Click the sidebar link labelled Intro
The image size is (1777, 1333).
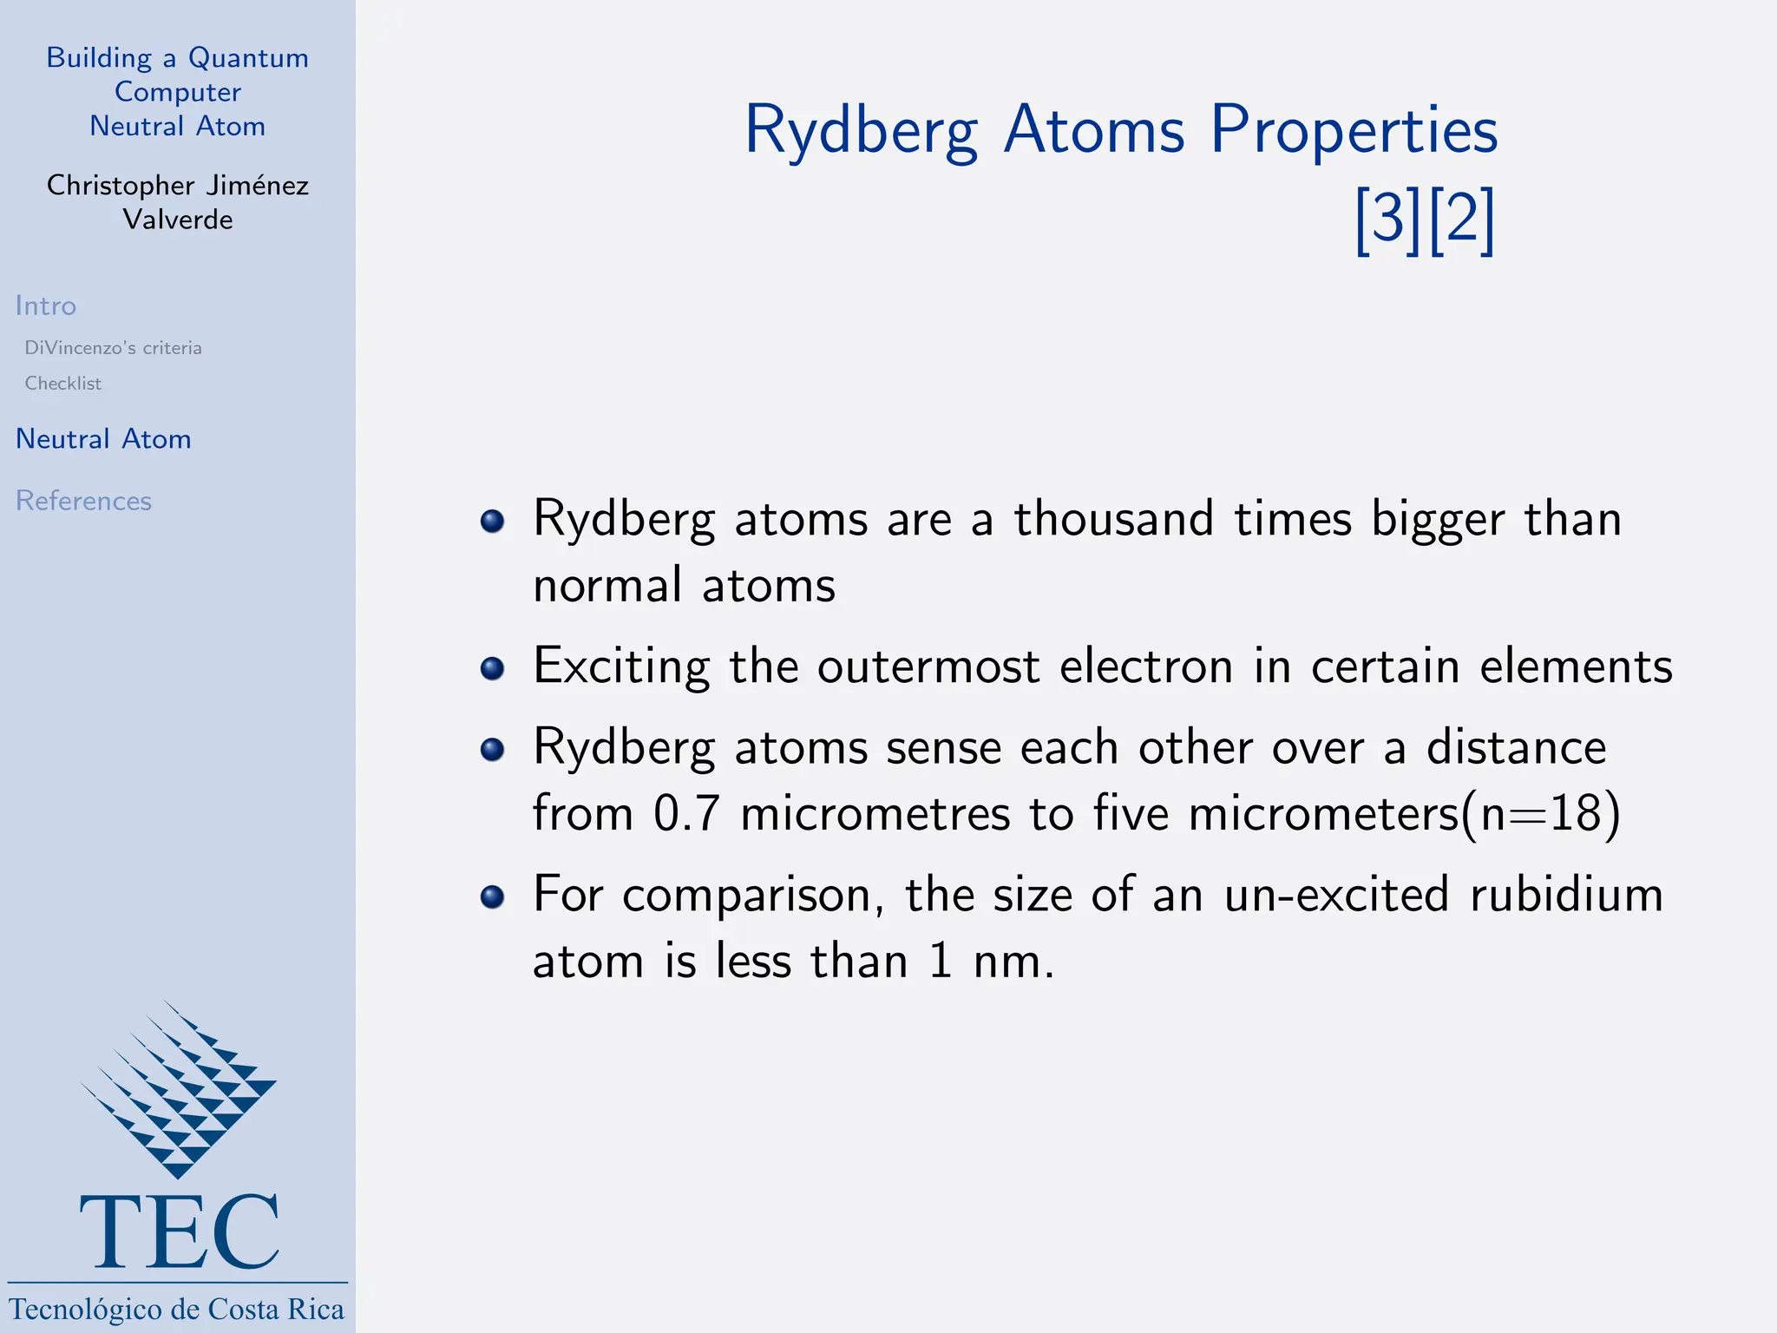pos(46,305)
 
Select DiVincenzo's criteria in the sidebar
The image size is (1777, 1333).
pos(113,348)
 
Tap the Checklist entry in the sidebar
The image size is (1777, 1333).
pos(62,384)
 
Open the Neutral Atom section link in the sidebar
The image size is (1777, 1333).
pos(103,439)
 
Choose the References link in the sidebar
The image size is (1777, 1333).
pos(83,501)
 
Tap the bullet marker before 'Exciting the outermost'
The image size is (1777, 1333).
pos(492,668)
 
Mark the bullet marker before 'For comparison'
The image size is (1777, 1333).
pos(492,896)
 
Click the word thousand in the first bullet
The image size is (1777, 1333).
pos(1113,520)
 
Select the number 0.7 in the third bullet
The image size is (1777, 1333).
pos(686,814)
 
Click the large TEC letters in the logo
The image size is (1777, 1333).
pos(179,1232)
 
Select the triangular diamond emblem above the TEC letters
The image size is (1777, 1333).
pos(179,1089)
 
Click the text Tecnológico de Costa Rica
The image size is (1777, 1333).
pos(177,1309)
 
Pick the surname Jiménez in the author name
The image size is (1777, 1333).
pos(258,186)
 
